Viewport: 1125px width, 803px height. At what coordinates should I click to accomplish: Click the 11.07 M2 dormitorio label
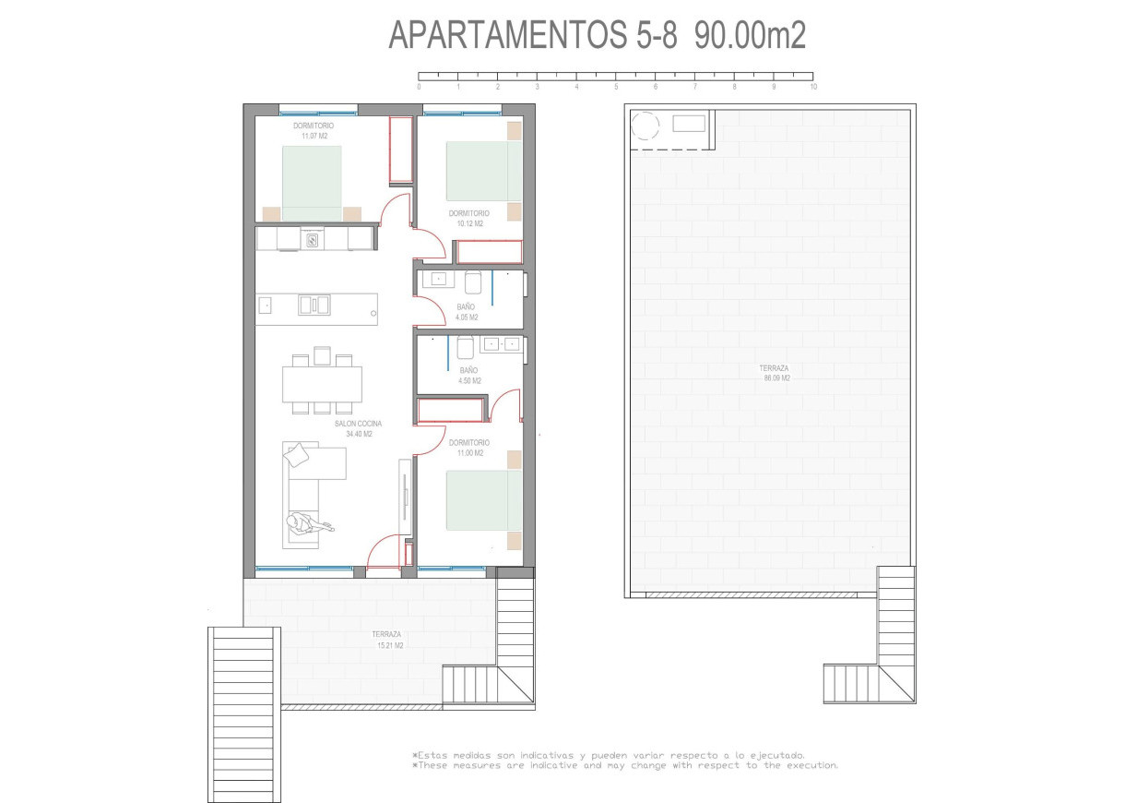(x=314, y=130)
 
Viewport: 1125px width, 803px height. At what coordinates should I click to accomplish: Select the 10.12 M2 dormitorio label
(x=469, y=218)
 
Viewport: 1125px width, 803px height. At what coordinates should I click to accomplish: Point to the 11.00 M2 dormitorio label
(x=469, y=448)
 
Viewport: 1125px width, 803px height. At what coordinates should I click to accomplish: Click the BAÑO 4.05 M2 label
(x=466, y=311)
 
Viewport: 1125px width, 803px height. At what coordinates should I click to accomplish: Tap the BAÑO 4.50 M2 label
(x=469, y=375)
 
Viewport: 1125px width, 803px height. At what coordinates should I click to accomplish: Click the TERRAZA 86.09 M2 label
(x=776, y=372)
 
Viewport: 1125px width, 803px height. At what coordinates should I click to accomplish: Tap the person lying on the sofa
(x=309, y=524)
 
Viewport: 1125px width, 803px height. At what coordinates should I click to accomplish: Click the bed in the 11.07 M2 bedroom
(x=312, y=181)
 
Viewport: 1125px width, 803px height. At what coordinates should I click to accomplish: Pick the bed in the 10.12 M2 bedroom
(x=477, y=170)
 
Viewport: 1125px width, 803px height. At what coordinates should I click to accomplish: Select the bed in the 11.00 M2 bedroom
(x=477, y=500)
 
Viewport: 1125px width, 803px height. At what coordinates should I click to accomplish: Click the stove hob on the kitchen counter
(x=313, y=240)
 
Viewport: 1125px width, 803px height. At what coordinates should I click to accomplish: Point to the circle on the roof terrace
(x=644, y=125)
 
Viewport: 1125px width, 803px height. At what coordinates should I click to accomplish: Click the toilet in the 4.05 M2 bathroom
(x=473, y=282)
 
